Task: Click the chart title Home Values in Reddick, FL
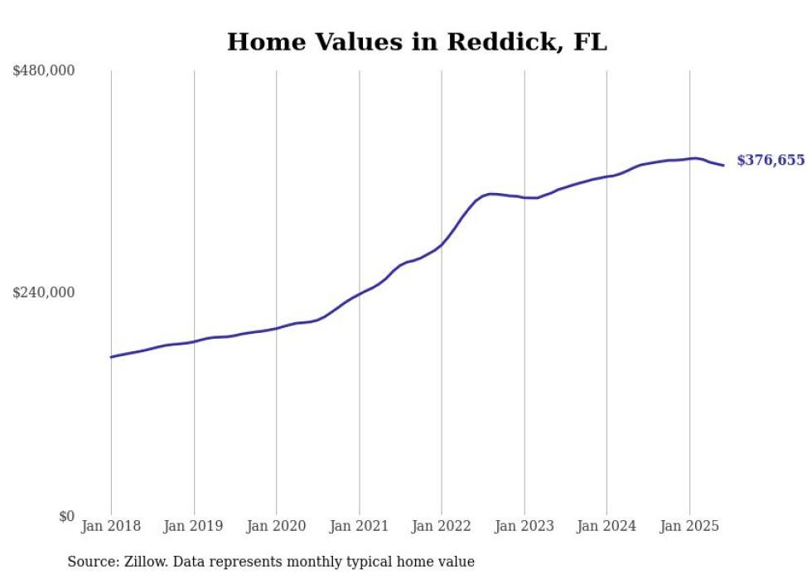[x=417, y=42]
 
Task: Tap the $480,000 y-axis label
[x=44, y=71]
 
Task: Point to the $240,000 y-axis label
[x=44, y=292]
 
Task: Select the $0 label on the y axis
[x=66, y=516]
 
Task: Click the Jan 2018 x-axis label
[x=111, y=526]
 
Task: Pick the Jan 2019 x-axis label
[x=194, y=526]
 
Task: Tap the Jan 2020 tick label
[x=277, y=526]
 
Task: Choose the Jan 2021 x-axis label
[x=359, y=526]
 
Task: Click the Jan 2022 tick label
[x=442, y=526]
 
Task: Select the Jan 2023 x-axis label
[x=524, y=526]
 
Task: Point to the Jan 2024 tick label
[x=607, y=526]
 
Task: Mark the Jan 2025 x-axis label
[x=689, y=526]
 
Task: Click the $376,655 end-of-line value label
[x=771, y=161]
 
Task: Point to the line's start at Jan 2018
[x=111, y=357]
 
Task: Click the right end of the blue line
[x=723, y=166]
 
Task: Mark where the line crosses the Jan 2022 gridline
[x=442, y=244]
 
